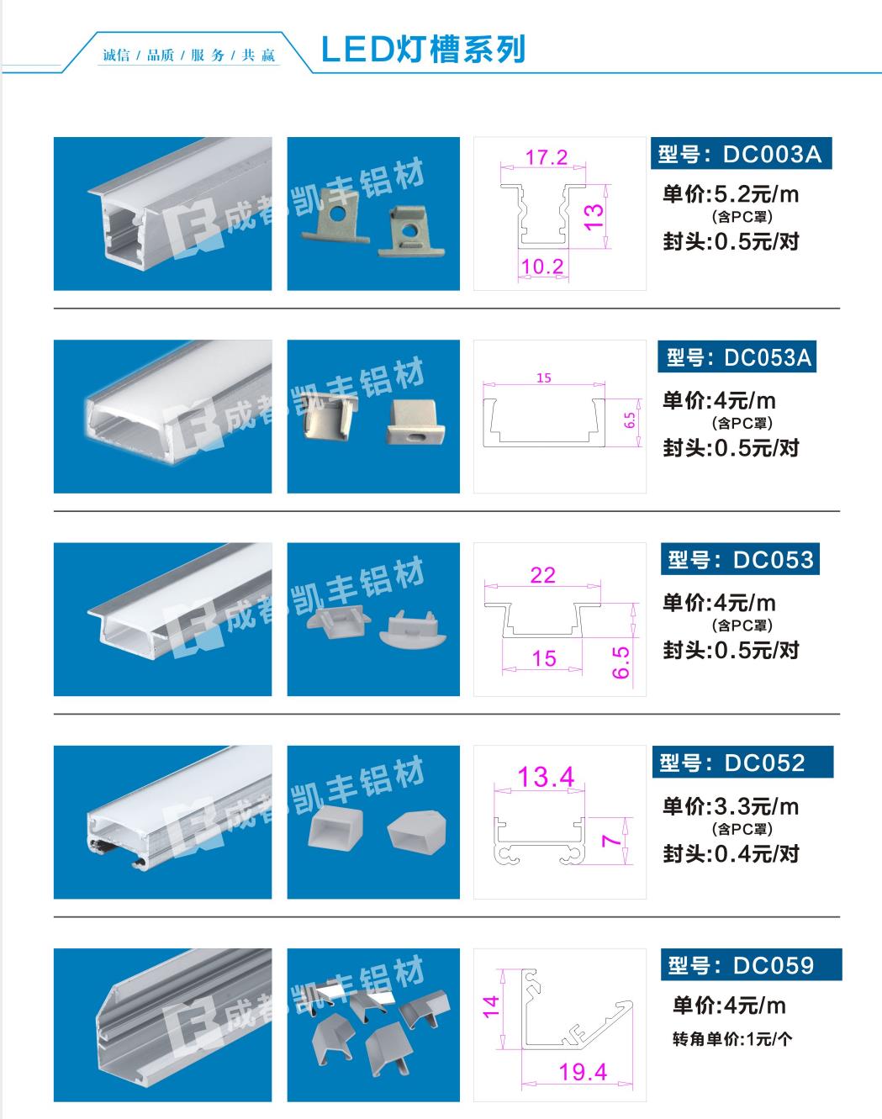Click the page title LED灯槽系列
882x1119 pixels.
pos(423,50)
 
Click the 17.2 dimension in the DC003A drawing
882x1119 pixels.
pos(546,157)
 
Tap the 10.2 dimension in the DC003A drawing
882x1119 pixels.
pos(541,267)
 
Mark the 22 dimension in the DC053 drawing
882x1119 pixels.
pos(543,575)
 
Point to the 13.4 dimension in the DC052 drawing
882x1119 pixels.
pos(546,777)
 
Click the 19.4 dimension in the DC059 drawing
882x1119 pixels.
pos(583,1072)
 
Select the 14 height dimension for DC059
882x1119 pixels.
pos(491,1006)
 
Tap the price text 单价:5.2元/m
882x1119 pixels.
pos(730,194)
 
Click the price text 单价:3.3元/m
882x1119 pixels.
pos(730,806)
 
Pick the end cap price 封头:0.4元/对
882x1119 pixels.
pos(731,854)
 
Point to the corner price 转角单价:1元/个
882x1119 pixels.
pos(732,1039)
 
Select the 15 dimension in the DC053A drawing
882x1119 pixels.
pos(544,378)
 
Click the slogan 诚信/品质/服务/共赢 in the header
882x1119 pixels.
pos(189,55)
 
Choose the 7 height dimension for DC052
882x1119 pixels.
pos(611,840)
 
